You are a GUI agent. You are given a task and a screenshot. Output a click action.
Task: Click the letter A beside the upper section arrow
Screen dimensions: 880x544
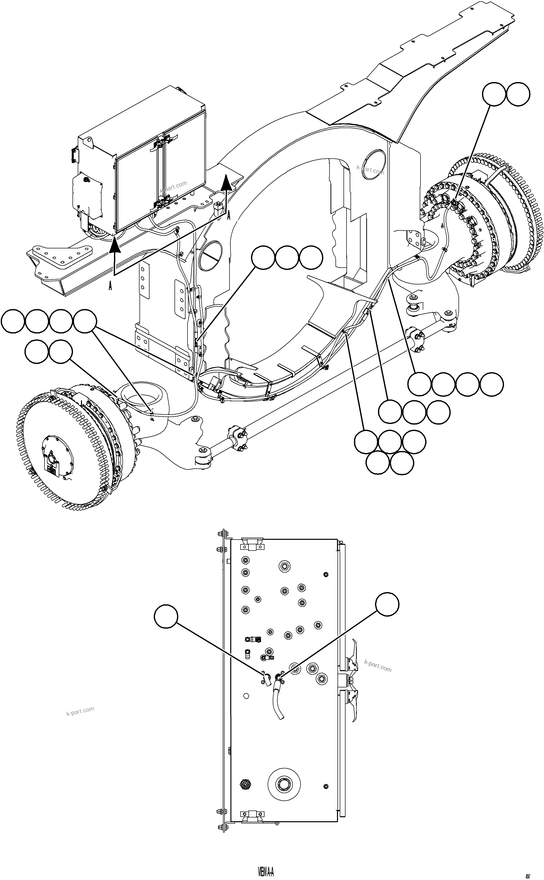228,215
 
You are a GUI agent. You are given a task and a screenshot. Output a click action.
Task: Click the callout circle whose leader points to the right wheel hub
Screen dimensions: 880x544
494,94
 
